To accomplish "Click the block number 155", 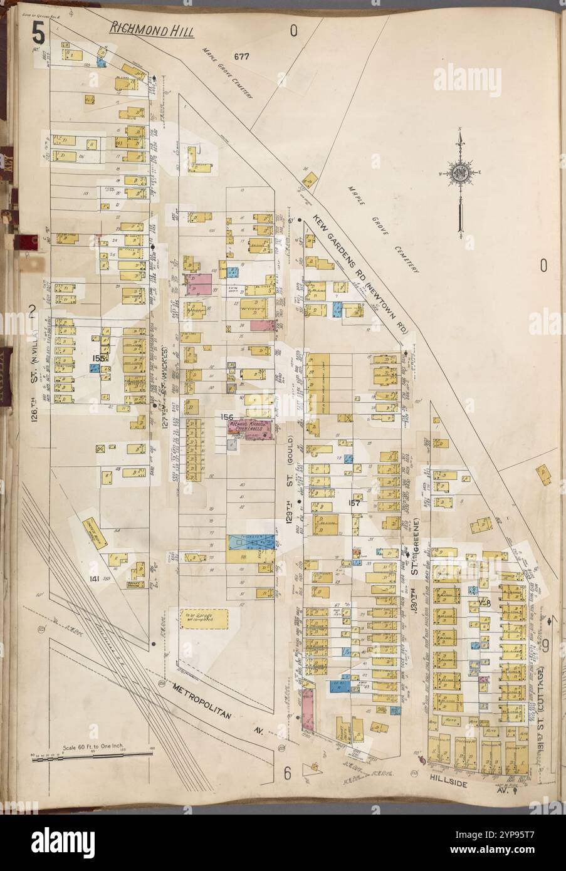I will (x=98, y=358).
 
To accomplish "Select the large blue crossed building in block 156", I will (x=251, y=541).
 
